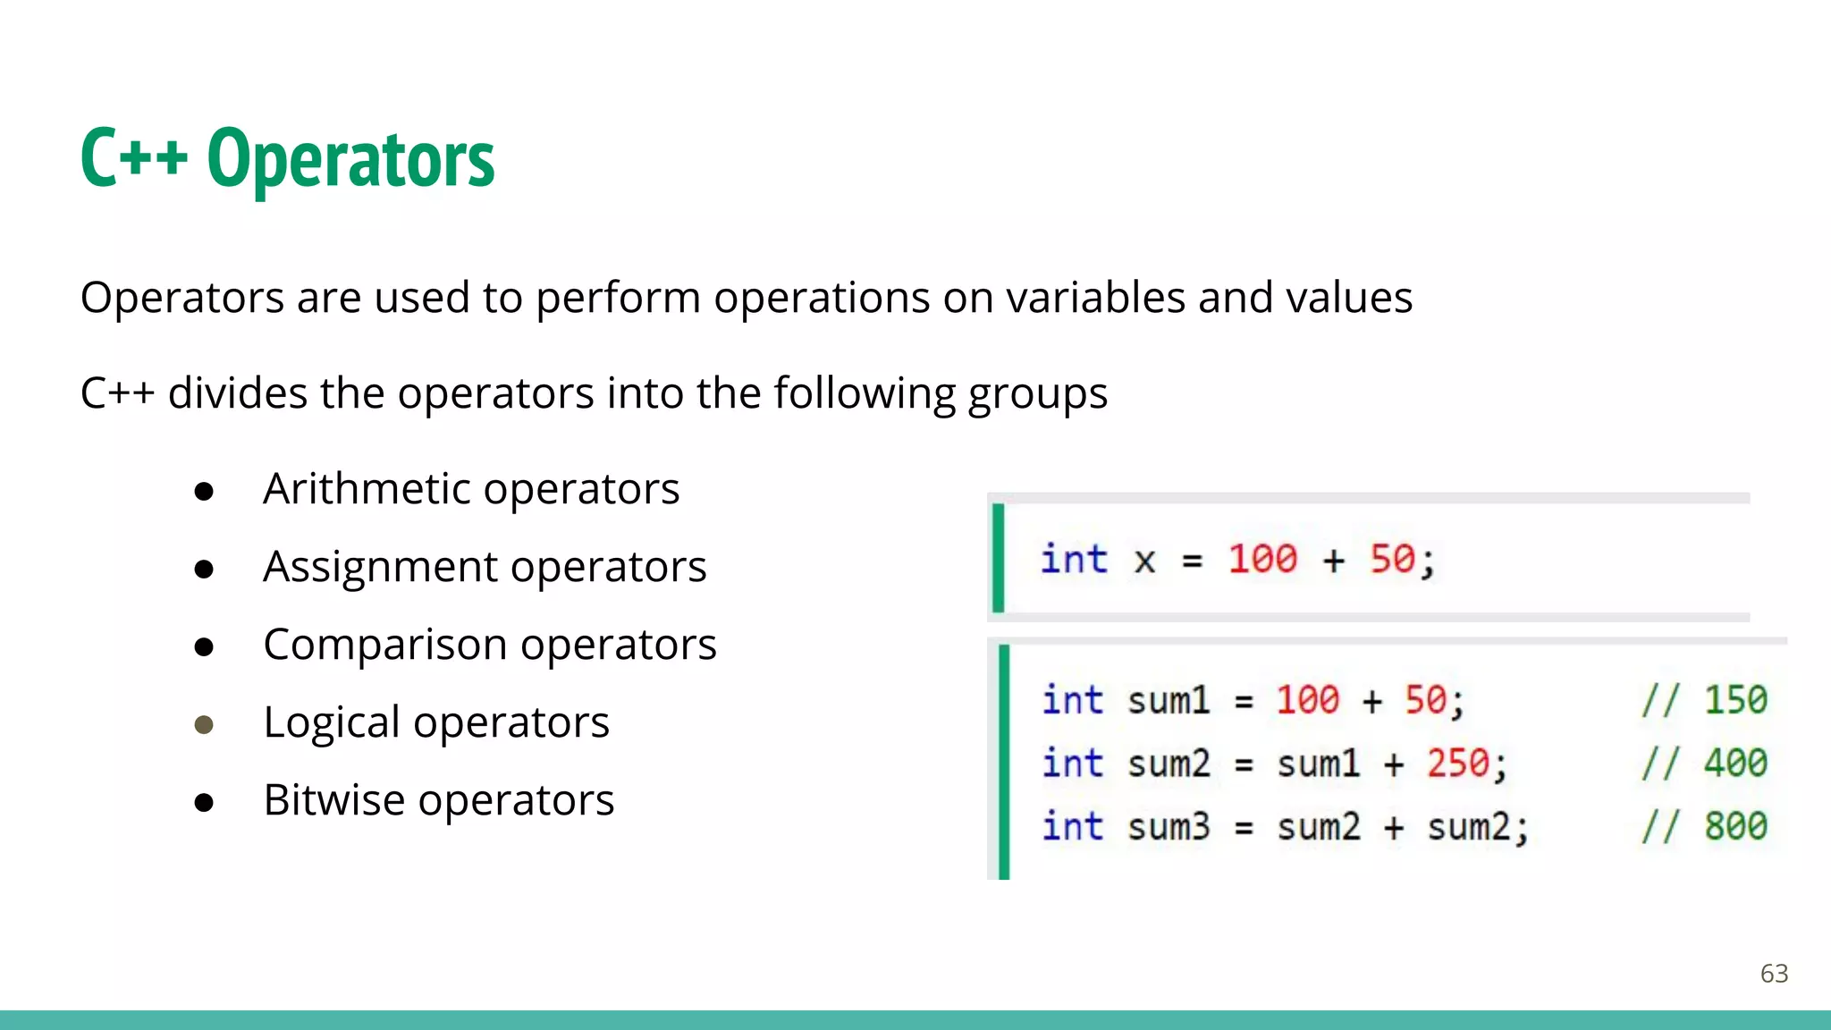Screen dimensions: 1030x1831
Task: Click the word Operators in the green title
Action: (350, 159)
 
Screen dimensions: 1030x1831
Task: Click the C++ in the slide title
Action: (134, 159)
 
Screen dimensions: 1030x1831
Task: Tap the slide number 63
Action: (1774, 973)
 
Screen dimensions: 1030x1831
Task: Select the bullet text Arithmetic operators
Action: (471, 489)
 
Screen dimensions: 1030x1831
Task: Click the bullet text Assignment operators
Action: (485, 567)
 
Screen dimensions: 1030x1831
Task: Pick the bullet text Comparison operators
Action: (490, 645)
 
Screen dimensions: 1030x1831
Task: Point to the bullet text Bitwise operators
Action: (438, 800)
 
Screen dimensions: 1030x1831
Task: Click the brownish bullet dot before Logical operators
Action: (204, 724)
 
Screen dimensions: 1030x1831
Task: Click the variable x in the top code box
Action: (1144, 561)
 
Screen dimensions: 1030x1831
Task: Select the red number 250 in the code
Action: (1457, 764)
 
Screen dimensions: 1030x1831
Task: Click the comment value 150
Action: (1734, 700)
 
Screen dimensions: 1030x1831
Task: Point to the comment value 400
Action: (1734, 764)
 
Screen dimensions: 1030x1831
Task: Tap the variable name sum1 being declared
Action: (1168, 700)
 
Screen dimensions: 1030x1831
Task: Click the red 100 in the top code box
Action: (1261, 560)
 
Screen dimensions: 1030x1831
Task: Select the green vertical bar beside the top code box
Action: (999, 558)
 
